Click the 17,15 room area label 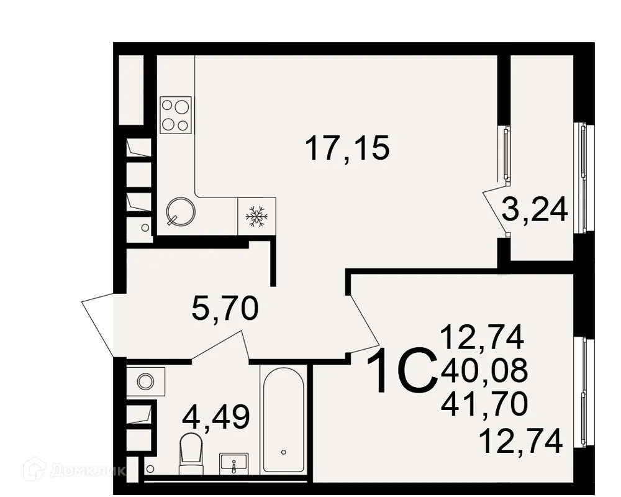347,148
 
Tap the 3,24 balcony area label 535,211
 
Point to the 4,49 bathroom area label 215,416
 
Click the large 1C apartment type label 401,371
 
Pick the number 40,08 484,372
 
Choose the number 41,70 484,404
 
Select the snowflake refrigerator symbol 256,216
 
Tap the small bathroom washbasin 233,463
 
